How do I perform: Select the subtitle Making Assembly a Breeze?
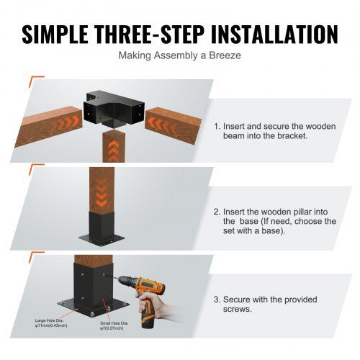180,55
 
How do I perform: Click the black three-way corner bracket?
114,107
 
